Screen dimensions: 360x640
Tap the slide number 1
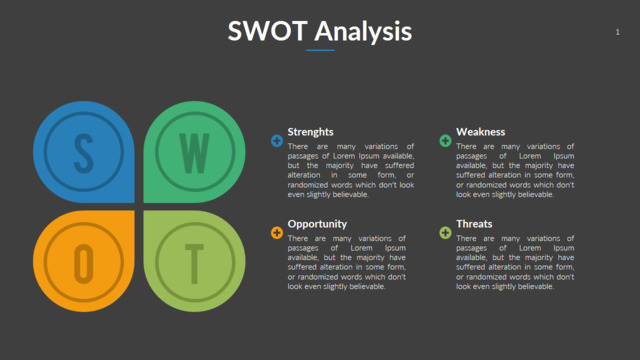coord(618,33)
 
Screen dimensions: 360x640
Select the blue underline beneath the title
coord(320,50)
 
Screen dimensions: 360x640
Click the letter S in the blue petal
coord(84,153)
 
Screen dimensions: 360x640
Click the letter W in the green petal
coord(195,153)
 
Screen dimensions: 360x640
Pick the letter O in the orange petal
coord(84,261)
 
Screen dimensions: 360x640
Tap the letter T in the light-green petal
coord(195,261)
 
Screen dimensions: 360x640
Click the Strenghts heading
coord(311,132)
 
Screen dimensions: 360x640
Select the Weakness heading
coord(481,132)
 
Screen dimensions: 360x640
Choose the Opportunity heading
coord(317,224)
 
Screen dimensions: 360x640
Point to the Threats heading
coord(474,224)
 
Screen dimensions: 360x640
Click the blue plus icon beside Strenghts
coord(277,141)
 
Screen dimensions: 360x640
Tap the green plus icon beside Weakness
coord(445,141)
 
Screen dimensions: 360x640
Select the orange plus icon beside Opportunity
coord(277,233)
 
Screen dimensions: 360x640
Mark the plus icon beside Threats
coord(445,233)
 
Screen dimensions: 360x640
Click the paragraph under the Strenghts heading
coord(346,170)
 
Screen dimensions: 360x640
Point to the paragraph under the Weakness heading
coord(515,170)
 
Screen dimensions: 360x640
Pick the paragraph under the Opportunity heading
coord(346,262)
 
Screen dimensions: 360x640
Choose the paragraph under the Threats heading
coord(515,262)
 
